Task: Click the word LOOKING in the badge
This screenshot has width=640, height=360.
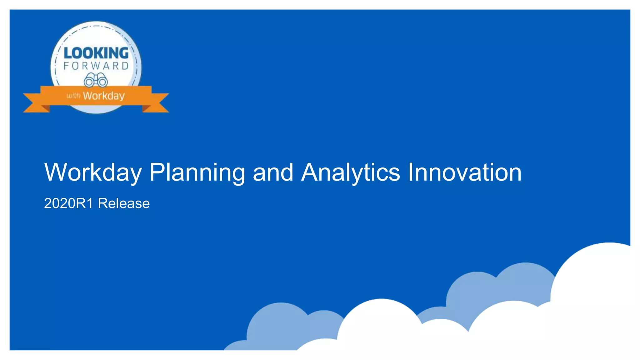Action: click(96, 53)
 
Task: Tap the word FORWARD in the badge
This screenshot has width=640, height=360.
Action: click(96, 66)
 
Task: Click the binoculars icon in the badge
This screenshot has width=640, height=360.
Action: click(96, 80)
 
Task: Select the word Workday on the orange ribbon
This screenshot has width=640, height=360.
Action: click(104, 96)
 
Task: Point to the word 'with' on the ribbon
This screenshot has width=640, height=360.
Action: click(73, 96)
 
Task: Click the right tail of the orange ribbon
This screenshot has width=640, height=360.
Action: click(158, 103)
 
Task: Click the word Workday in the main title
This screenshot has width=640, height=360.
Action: click(93, 172)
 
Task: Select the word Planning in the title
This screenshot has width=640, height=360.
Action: click(197, 172)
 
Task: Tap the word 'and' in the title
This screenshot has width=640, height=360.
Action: click(273, 172)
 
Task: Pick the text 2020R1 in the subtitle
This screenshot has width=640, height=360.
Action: click(68, 203)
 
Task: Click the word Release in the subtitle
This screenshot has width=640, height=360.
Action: click(124, 203)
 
